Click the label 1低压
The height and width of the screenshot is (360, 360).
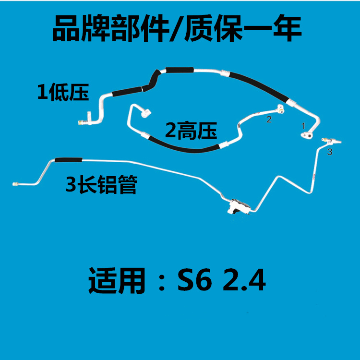(63, 92)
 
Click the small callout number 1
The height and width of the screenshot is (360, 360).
(303, 126)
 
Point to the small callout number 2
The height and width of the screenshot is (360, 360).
(269, 119)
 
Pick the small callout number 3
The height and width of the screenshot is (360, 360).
(329, 152)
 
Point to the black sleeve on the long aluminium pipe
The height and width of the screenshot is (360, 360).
(68, 159)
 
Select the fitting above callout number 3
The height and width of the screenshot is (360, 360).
(331, 141)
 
